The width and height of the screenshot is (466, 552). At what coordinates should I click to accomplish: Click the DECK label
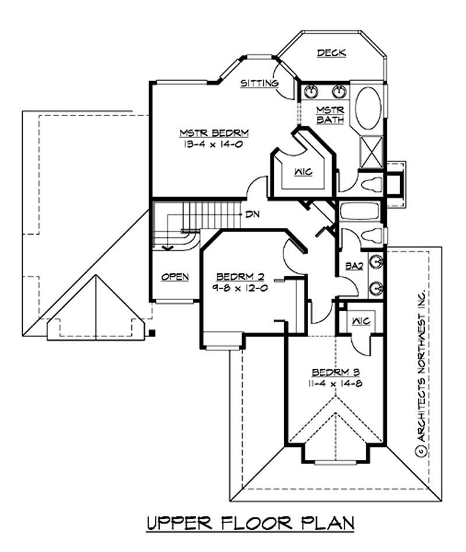tap(331, 53)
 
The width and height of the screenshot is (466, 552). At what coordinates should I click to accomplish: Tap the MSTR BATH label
tap(331, 115)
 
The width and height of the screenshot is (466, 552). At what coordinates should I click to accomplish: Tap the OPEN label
tap(175, 276)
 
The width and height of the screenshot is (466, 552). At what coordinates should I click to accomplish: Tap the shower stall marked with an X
tap(370, 149)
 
